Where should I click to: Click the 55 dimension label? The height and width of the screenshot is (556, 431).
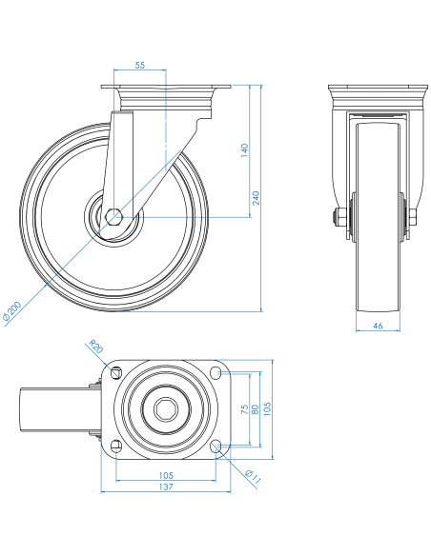[140, 65]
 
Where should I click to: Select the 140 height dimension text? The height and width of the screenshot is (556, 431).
[245, 150]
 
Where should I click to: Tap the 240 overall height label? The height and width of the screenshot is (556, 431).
[256, 198]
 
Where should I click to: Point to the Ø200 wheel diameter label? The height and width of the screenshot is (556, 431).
[12, 311]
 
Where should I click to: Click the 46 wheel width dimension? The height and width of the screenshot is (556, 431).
[379, 326]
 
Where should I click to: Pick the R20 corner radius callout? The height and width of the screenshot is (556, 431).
[96, 347]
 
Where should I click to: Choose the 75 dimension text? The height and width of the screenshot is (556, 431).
[245, 409]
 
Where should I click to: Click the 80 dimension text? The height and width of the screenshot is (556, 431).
[255, 409]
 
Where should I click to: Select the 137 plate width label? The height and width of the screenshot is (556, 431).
[166, 486]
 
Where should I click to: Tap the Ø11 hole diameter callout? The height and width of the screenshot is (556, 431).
[253, 477]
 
